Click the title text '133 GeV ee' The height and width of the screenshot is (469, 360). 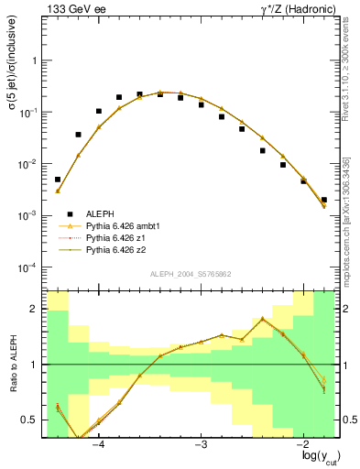click(71, 8)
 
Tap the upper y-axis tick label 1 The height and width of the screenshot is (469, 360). click(35, 60)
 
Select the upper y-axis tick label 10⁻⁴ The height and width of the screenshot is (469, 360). click(30, 267)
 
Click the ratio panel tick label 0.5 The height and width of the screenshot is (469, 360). click(31, 420)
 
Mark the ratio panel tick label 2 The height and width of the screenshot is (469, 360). click(35, 310)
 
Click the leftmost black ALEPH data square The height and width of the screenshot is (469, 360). click(58, 180)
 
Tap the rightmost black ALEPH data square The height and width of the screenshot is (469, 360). click(324, 200)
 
